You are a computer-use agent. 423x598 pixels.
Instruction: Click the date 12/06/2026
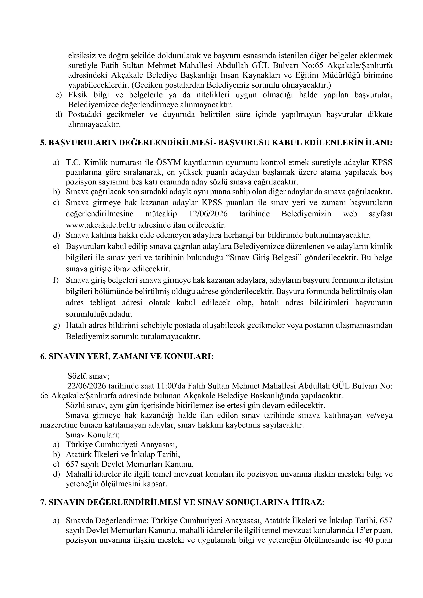(x=207, y=214)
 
